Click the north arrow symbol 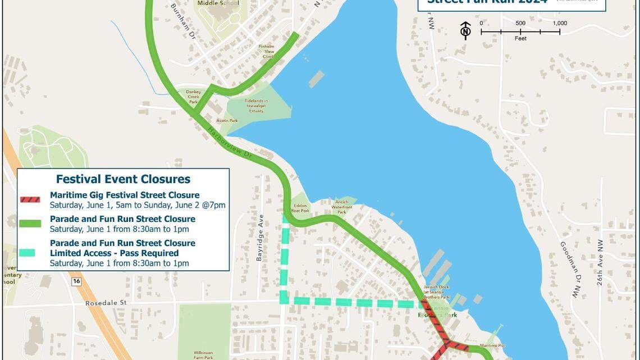click(x=465, y=30)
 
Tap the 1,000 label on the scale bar click(x=559, y=23)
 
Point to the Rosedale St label click(x=106, y=303)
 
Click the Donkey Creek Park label click(x=194, y=97)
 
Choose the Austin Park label click(x=227, y=121)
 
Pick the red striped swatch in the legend click(x=30, y=199)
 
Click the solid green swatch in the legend click(x=30, y=224)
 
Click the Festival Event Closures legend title click(x=123, y=179)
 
